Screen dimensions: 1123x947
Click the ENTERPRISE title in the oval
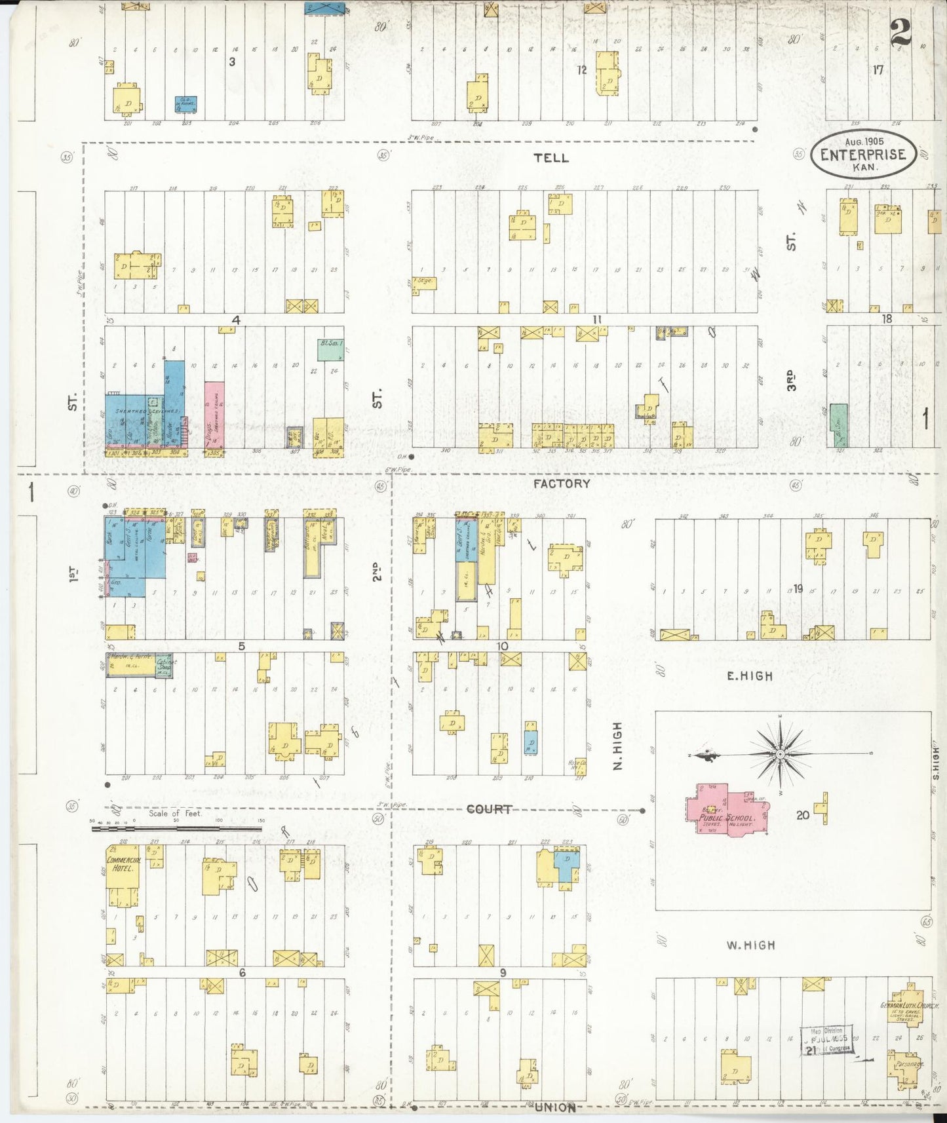(x=863, y=155)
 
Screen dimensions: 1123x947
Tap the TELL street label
(x=551, y=158)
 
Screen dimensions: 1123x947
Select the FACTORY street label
(x=561, y=484)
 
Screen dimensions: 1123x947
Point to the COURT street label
(x=489, y=809)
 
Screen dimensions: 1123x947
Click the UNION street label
(x=554, y=1107)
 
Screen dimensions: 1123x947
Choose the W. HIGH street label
(x=750, y=945)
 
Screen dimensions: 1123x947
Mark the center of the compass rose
(x=780, y=755)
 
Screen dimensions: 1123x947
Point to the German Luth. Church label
(x=909, y=1005)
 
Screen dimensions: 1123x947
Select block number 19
(x=798, y=588)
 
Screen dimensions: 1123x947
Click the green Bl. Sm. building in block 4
(x=331, y=350)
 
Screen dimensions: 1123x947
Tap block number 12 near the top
(x=581, y=69)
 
